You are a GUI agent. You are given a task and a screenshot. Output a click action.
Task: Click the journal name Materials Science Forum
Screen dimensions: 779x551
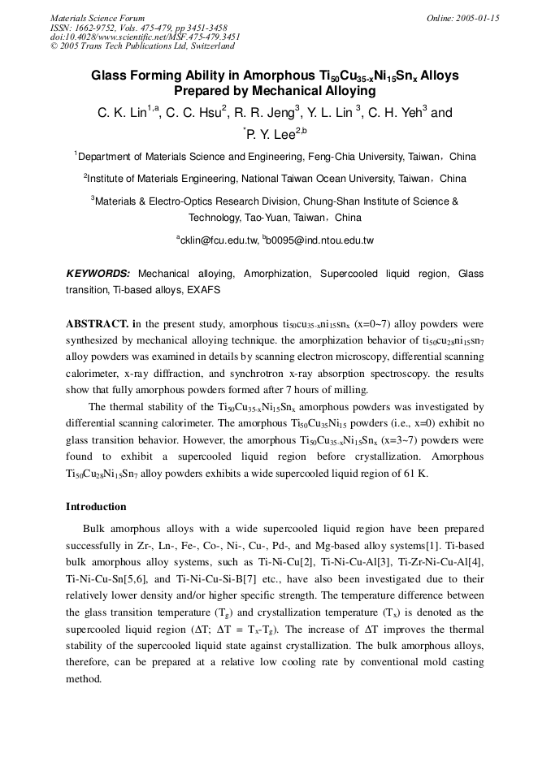pyautogui.click(x=98, y=18)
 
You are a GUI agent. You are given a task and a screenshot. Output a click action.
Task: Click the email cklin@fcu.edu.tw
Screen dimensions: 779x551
pyautogui.click(x=218, y=240)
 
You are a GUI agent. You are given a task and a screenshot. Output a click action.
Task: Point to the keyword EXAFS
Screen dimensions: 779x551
pyautogui.click(x=203, y=288)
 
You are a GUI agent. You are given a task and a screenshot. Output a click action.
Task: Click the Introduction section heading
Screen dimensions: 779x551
pyautogui.click(x=96, y=507)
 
